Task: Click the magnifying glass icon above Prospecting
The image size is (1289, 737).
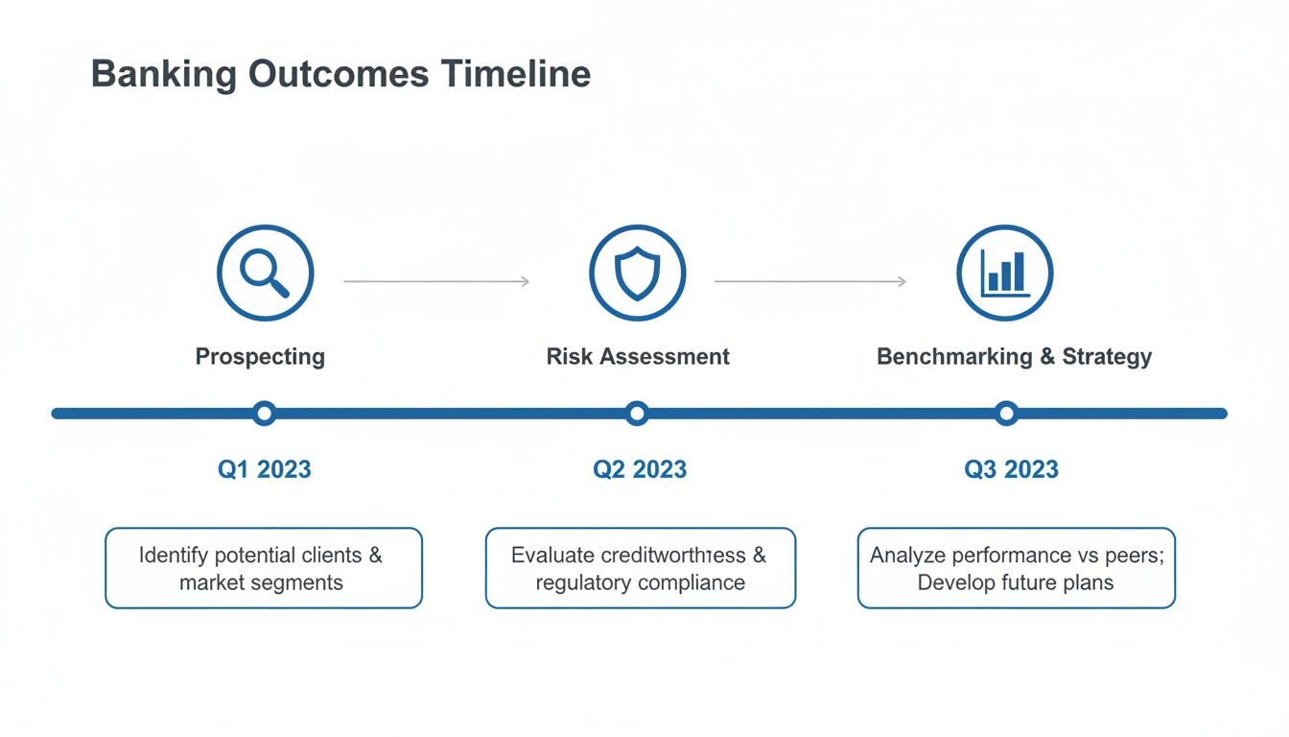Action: coord(265,273)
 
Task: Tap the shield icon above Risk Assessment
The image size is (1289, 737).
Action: coord(637,273)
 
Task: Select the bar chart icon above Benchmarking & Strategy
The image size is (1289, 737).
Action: coord(1005,273)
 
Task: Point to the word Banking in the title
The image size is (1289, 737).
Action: coord(164,74)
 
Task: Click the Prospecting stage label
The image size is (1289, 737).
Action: coord(260,357)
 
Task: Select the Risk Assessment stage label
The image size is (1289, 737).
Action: coord(638,357)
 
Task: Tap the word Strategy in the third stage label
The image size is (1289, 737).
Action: coord(1107,357)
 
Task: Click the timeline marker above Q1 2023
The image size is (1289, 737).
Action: coord(265,414)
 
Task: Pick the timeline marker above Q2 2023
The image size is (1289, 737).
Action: coord(637,414)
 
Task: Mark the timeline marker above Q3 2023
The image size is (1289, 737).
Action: coord(1005,414)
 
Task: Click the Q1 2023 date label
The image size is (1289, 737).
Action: coord(265,469)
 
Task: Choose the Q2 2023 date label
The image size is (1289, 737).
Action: coord(640,469)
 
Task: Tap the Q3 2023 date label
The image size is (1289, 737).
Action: coord(1011,469)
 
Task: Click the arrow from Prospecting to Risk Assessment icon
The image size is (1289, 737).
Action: coord(436,281)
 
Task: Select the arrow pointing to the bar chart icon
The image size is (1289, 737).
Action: coord(810,281)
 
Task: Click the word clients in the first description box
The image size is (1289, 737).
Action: coord(328,555)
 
